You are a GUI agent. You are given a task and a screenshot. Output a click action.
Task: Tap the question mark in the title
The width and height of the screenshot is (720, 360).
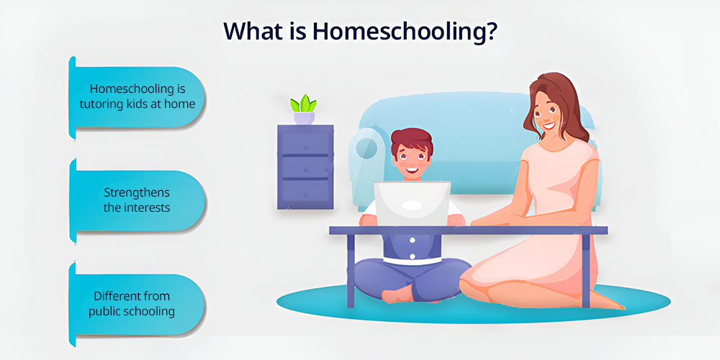pos(490,30)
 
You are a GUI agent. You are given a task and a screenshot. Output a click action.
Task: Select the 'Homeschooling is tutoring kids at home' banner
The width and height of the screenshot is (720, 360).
pos(137,97)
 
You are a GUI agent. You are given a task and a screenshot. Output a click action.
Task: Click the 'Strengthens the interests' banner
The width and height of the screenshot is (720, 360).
pos(137,201)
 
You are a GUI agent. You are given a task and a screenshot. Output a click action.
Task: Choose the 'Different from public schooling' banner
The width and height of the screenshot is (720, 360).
pos(137,305)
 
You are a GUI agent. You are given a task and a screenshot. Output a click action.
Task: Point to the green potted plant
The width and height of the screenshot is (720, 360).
pos(304,109)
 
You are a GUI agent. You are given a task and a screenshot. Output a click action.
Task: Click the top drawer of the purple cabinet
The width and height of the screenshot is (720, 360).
pos(305,143)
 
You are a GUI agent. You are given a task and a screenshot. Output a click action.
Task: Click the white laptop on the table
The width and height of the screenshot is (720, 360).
pos(412,204)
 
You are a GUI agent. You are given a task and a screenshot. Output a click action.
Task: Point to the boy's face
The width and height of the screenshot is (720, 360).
pos(411,161)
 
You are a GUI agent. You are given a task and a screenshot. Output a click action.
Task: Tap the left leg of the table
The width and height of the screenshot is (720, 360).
pos(351,268)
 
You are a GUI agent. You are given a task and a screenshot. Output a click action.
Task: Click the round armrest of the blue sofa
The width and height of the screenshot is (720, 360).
pos(366,149)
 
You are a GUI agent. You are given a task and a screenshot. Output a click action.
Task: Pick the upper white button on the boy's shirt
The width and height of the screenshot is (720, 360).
pos(412,240)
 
